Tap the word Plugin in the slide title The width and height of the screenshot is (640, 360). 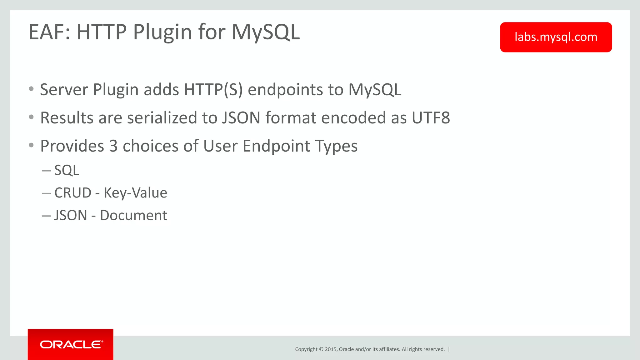(162, 32)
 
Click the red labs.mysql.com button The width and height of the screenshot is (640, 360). (556, 37)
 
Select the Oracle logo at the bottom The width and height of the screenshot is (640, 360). (71, 344)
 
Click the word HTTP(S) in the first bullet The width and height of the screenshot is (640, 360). (213, 90)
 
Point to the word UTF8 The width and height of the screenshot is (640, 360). (431, 118)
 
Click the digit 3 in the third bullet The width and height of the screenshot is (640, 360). (113, 146)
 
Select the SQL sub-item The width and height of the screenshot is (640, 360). (67, 170)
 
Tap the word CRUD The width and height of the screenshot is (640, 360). (73, 193)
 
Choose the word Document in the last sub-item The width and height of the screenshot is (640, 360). (133, 215)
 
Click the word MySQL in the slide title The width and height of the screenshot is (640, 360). (265, 32)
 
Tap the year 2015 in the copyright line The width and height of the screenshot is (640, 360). (331, 349)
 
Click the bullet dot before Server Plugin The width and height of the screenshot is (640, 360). (31, 89)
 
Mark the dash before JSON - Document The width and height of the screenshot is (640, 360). (46, 216)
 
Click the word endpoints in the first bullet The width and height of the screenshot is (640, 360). (285, 90)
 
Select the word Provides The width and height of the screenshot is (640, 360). (72, 146)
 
